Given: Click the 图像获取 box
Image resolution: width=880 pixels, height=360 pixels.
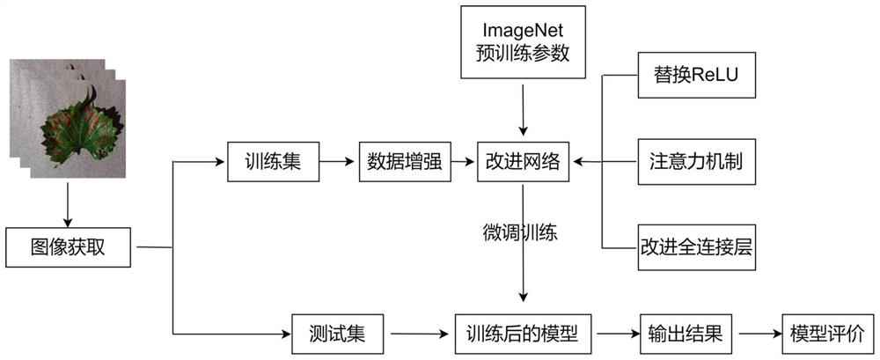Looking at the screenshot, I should pos(69,246).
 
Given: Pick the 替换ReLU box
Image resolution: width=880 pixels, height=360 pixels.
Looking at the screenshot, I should pos(696,75).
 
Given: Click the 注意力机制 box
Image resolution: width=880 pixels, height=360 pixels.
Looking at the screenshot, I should pos(696,162).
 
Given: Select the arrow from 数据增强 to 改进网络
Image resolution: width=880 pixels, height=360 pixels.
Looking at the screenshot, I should pos(465,162).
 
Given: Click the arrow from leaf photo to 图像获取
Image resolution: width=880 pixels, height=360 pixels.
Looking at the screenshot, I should pos(67,202).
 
